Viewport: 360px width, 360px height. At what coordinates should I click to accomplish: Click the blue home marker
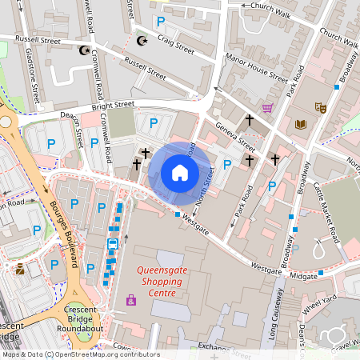click(x=180, y=173)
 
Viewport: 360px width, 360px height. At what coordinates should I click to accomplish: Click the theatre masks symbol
click(x=321, y=106)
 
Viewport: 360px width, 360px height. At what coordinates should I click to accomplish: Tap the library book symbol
click(x=301, y=123)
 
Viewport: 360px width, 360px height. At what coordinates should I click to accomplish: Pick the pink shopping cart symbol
click(x=267, y=107)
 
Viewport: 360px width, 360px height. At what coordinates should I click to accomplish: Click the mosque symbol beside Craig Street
click(x=143, y=40)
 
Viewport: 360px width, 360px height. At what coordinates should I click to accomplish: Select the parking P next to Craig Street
click(x=161, y=22)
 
